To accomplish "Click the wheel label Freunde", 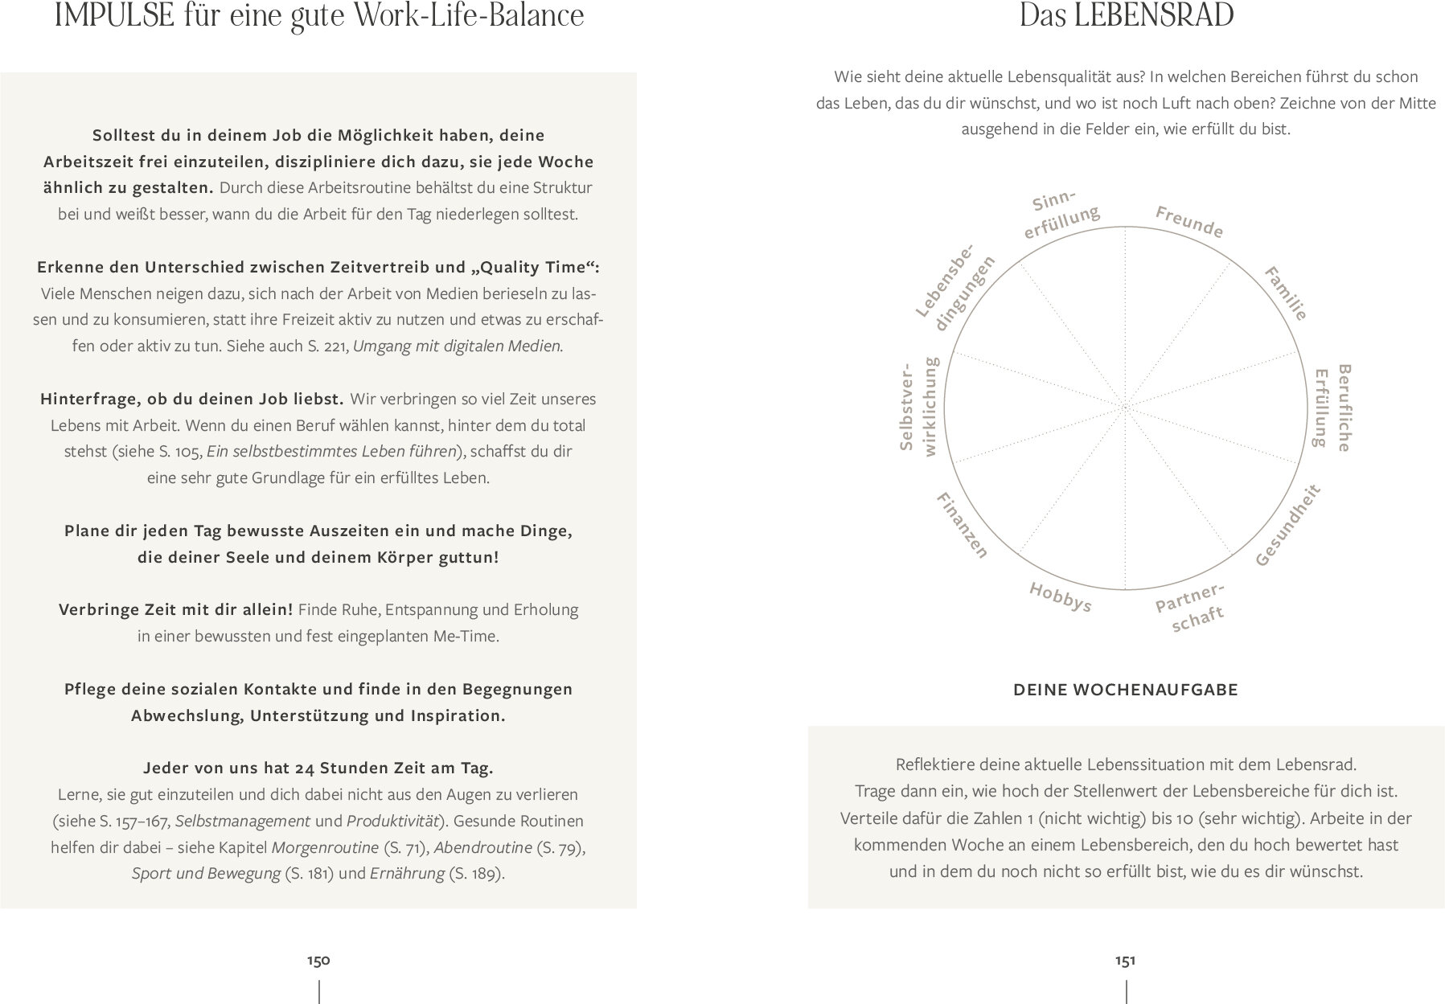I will point(1189,222).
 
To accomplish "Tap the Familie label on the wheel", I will point(1286,293).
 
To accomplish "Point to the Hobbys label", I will point(1060,597).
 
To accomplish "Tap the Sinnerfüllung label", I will point(1059,214).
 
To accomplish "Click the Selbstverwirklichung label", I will point(917,407).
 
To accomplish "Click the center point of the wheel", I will point(1125,408).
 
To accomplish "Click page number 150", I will point(318,961).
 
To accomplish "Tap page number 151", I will point(1125,961).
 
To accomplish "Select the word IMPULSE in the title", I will point(113,17).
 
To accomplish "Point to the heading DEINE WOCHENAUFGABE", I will point(1125,690).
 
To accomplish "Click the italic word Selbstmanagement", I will point(242,821).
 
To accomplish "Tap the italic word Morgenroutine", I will point(325,847).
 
